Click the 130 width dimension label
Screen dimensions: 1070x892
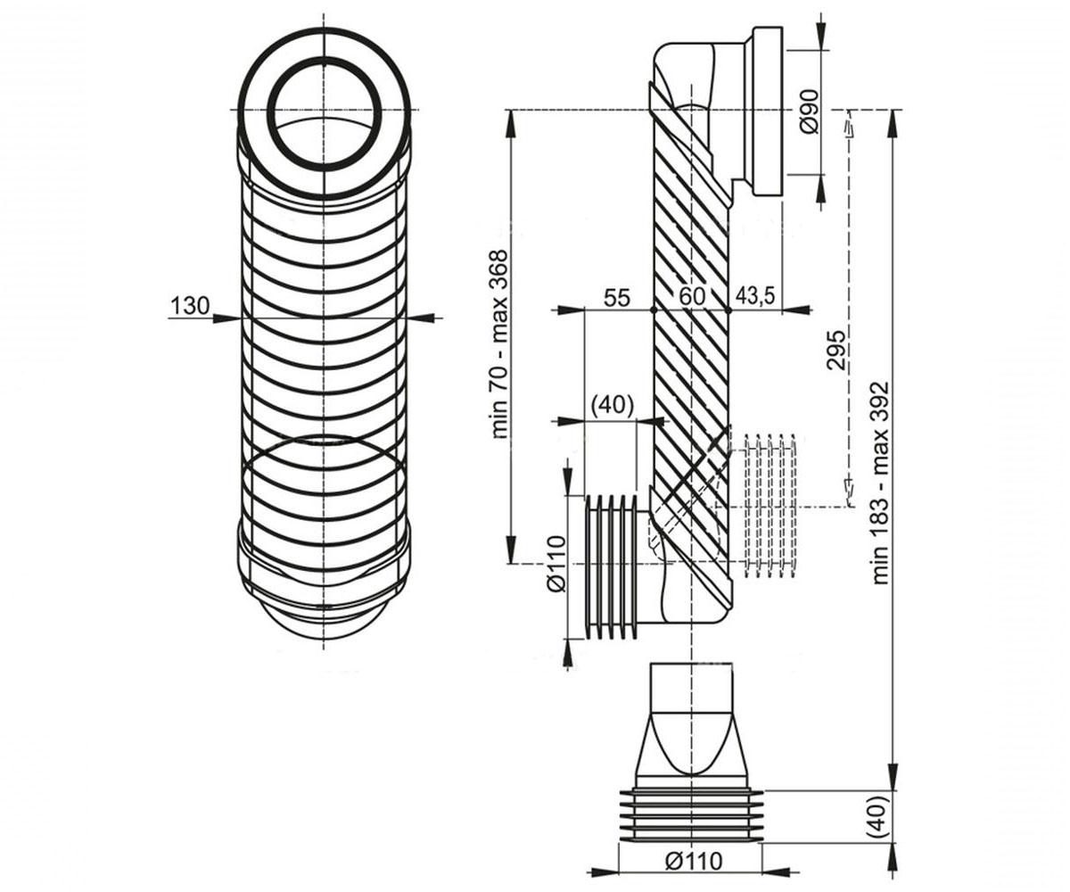[190, 306]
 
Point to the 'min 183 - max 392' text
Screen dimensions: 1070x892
[880, 482]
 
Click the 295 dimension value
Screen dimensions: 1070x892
[835, 351]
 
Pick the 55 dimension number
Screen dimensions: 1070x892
[616, 297]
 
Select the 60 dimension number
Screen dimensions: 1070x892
[692, 296]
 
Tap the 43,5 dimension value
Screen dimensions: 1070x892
[755, 296]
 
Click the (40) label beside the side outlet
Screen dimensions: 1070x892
[613, 405]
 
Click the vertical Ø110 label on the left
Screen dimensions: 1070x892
[556, 564]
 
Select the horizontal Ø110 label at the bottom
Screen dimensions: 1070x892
[694, 861]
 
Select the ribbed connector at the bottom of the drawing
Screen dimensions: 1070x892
[691, 818]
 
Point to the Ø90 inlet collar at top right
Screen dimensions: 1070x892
[768, 111]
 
